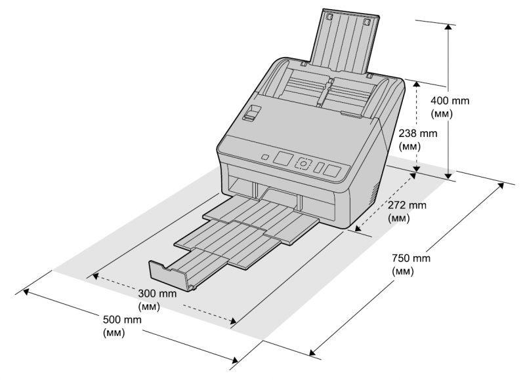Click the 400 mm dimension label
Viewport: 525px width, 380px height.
(x=450, y=107)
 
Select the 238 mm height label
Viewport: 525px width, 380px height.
(x=418, y=140)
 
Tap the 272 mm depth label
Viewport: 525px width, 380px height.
(x=407, y=211)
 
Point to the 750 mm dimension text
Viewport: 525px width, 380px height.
(x=411, y=265)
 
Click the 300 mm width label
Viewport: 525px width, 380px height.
(x=157, y=300)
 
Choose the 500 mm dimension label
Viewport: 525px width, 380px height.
(x=122, y=326)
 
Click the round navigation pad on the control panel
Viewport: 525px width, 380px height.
(x=303, y=164)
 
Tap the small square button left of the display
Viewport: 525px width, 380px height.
(x=265, y=157)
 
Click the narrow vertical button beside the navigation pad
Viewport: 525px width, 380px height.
(x=319, y=168)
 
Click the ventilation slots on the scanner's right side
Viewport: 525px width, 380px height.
(x=374, y=194)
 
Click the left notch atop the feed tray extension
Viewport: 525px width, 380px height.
(x=329, y=16)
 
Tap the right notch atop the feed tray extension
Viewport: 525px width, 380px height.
(x=366, y=22)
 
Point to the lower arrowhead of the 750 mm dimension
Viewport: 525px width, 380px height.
(x=312, y=352)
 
